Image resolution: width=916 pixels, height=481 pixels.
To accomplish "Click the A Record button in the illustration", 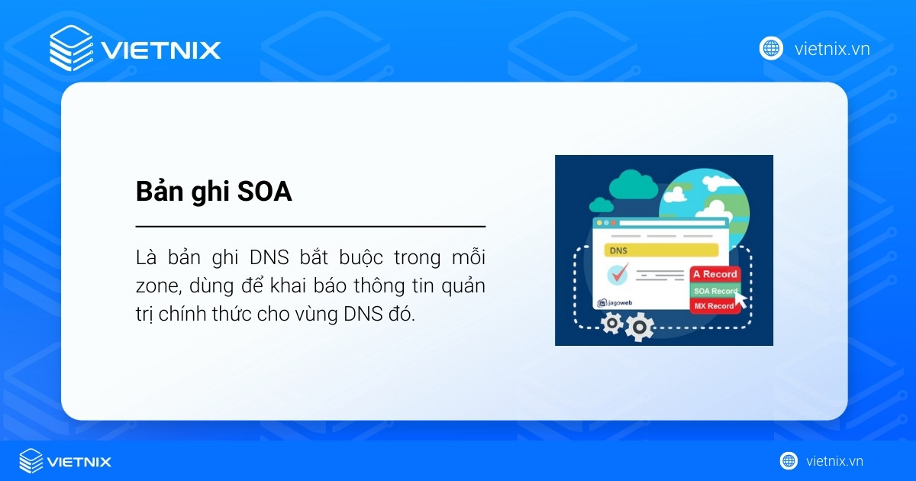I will tap(714, 274).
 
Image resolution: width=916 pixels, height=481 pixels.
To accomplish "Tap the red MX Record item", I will tap(714, 306).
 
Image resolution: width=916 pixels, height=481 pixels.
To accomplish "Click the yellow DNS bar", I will tap(661, 250).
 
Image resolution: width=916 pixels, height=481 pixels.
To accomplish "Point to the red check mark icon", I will tap(618, 272).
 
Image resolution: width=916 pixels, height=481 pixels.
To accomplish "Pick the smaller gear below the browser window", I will tap(611, 324).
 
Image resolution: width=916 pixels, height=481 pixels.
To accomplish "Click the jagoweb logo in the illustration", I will tap(617, 302).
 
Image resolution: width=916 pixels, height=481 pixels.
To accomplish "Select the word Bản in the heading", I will tap(157, 192).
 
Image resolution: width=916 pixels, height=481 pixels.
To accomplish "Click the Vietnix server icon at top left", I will tap(71, 49).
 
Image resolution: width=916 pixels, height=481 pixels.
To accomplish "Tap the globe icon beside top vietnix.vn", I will tap(771, 49).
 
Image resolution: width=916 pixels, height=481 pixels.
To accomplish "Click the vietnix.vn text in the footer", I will tap(834, 461).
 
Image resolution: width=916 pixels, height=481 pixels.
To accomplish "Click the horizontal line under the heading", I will tap(311, 227).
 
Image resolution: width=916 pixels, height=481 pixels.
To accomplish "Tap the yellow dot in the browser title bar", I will tap(609, 223).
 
